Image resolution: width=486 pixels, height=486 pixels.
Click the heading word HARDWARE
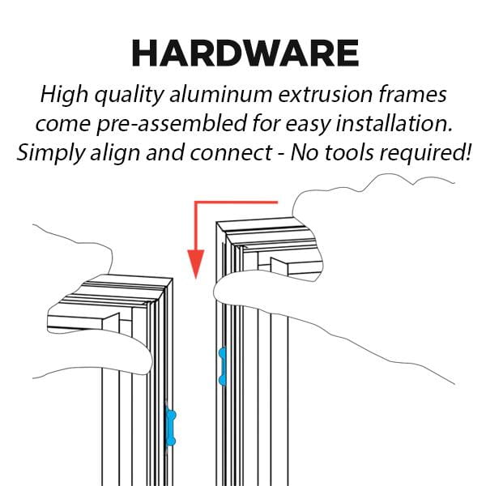click(245, 53)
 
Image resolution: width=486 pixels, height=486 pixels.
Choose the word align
click(115, 153)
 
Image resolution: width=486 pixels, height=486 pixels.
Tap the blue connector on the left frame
click(170, 426)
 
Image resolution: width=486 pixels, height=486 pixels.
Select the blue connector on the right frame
click(221, 367)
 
